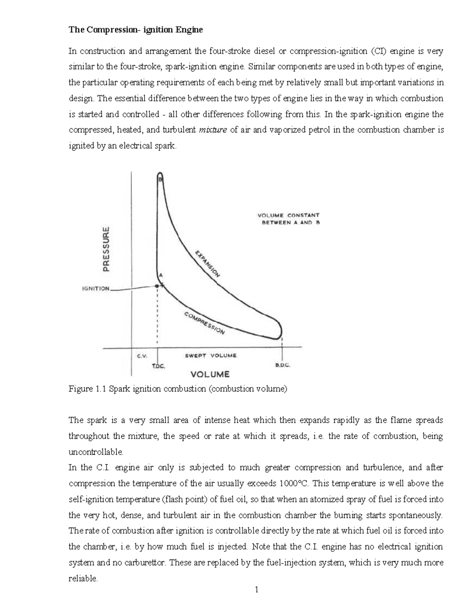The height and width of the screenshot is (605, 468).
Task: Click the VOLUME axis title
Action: (210, 374)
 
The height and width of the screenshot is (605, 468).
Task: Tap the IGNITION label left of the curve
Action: (96, 289)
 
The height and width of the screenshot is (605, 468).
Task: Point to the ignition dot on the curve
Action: (157, 286)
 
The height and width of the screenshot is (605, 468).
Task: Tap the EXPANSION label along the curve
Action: (207, 264)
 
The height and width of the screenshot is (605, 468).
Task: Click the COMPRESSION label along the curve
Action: (204, 323)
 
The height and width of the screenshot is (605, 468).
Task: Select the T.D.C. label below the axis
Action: (158, 366)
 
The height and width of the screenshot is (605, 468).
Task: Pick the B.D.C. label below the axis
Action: (283, 366)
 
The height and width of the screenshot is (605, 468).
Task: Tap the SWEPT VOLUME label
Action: (210, 356)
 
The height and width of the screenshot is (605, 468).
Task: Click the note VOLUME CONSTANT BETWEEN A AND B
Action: (289, 219)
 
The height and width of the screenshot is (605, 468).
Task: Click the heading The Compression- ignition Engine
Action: (136, 30)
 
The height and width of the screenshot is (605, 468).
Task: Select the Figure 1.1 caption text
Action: (177, 389)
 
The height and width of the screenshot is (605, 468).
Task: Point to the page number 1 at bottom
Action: (256, 590)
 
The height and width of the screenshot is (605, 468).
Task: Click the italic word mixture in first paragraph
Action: (213, 130)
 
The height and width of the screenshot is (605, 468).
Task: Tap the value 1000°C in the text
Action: (294, 484)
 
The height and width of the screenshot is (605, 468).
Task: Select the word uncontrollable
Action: (96, 452)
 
